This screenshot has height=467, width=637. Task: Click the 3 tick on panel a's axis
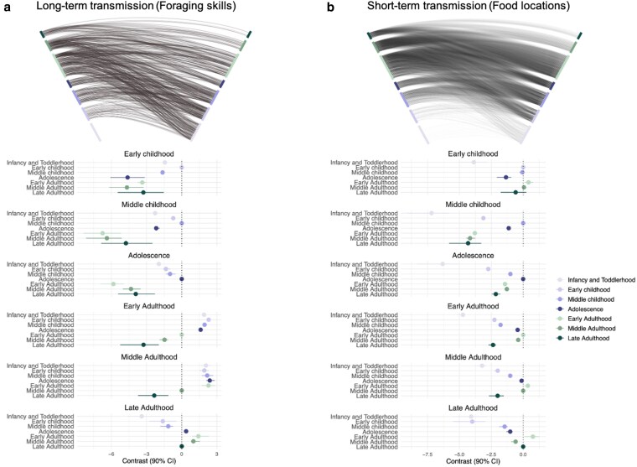pyautogui.click(x=216, y=454)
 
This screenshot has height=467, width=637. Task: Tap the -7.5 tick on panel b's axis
pyautogui.click(x=427, y=454)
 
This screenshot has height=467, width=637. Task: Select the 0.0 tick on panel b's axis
pyautogui.click(x=523, y=454)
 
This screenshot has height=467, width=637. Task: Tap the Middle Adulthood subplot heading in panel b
pyautogui.click(x=477, y=356)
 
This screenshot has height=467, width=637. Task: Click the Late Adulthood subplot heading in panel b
pyautogui.click(x=477, y=407)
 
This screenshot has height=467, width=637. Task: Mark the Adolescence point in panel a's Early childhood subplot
pyautogui.click(x=127, y=178)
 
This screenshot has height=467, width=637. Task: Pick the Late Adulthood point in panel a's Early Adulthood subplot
pyautogui.click(x=143, y=345)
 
